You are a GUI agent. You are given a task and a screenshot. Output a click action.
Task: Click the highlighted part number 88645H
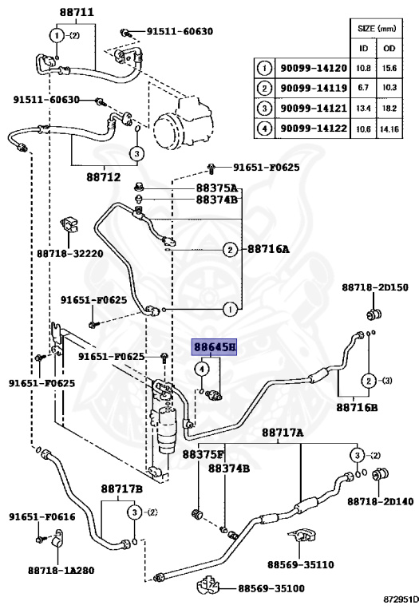pos(214,346)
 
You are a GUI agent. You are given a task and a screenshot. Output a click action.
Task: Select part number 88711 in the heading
pos(77,12)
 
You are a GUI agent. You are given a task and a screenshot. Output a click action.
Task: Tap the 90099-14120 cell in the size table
pos(314,69)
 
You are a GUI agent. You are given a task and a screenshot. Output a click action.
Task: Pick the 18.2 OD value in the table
pos(389,108)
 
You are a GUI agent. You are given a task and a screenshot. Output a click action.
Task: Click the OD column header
pos(389,48)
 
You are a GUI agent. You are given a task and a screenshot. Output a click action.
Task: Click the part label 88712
pos(104,177)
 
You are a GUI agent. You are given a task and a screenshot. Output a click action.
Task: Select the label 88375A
pos(217,188)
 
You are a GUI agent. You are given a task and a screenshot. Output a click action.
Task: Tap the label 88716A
pos(268,249)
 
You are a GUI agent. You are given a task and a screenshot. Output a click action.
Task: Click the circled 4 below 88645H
pos(202,369)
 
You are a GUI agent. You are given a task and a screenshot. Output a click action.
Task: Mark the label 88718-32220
pos(70,253)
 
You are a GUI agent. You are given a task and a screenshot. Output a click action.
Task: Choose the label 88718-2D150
pos(375,287)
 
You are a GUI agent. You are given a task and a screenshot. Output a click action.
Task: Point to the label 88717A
pos(283,433)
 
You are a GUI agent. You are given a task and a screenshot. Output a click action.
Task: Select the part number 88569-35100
pos(271,588)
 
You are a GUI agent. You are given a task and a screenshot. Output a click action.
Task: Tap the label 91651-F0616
pos(42,517)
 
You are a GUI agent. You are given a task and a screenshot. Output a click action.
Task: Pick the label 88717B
pos(121,489)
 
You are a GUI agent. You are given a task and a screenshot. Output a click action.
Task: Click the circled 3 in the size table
pos(265,108)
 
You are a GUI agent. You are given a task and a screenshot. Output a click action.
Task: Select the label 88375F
pos(204,454)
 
